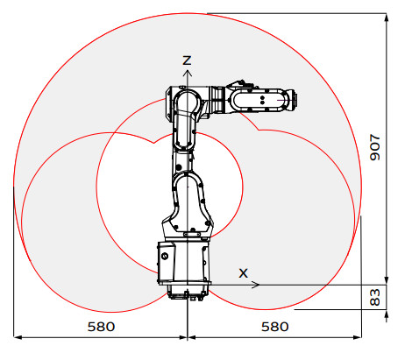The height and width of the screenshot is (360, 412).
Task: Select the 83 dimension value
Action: point(375,296)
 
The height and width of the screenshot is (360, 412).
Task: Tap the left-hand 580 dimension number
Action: point(101,326)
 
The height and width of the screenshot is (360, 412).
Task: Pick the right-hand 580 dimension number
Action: point(274,326)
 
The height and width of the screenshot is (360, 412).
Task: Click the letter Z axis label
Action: point(186,60)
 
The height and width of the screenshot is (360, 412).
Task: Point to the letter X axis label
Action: point(245,272)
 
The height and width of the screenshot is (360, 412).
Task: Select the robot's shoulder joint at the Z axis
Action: point(187,99)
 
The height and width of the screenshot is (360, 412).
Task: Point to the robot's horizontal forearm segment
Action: point(250,99)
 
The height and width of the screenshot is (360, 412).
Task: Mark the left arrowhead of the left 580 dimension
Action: point(18,336)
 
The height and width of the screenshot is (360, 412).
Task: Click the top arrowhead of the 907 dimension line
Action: point(387,17)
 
